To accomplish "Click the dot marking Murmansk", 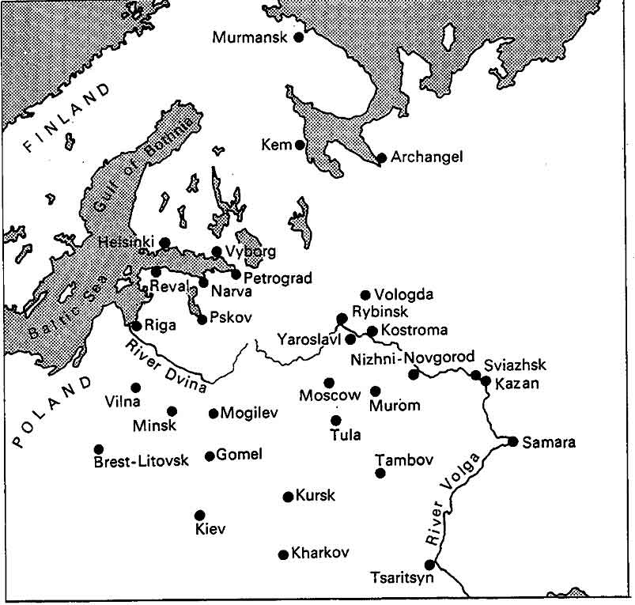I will pyautogui.click(x=299, y=36).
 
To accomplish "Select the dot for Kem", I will pyautogui.click(x=300, y=145).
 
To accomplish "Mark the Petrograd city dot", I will pyautogui.click(x=236, y=274).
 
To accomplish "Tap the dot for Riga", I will pyautogui.click(x=136, y=325).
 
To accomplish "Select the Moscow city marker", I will pyautogui.click(x=329, y=383).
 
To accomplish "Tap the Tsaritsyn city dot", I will pyautogui.click(x=429, y=565).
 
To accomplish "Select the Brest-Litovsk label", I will pyautogui.click(x=141, y=461).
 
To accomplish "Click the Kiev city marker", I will pyautogui.click(x=199, y=515).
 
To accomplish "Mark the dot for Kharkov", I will pyautogui.click(x=283, y=554).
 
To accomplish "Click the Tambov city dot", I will pyautogui.click(x=380, y=473).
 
